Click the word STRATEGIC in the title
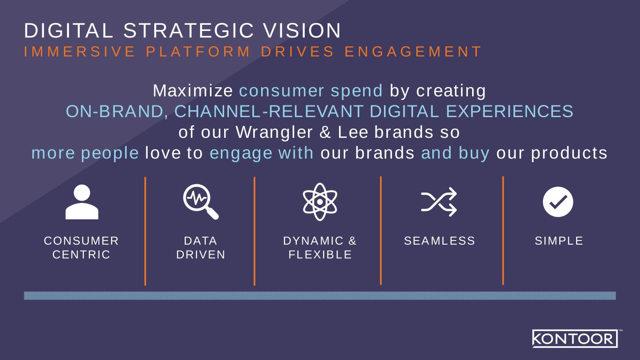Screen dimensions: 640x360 coord(188,30)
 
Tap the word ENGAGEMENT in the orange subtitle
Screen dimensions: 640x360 coord(413,52)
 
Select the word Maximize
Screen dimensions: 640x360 coord(193,90)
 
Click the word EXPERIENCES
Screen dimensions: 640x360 coord(510,111)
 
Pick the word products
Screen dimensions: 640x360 coord(569,153)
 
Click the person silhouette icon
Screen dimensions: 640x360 coord(82,202)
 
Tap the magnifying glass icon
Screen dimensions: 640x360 coord(201,202)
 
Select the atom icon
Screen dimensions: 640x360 coord(320,202)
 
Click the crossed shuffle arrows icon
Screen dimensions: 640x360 coord(439,202)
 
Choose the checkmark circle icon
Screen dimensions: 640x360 coord(558,202)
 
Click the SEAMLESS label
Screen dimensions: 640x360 coord(439,241)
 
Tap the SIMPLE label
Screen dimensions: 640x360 coord(559,241)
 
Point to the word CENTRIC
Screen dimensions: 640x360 coord(82,255)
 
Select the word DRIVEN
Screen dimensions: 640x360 coord(201,255)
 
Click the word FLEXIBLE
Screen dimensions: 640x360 coord(320,255)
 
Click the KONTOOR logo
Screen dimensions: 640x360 coord(575,338)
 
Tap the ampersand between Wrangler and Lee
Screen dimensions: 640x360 coord(325,132)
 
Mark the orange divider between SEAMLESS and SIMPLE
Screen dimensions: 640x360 coord(503,231)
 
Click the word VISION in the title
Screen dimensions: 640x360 coord(302,30)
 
